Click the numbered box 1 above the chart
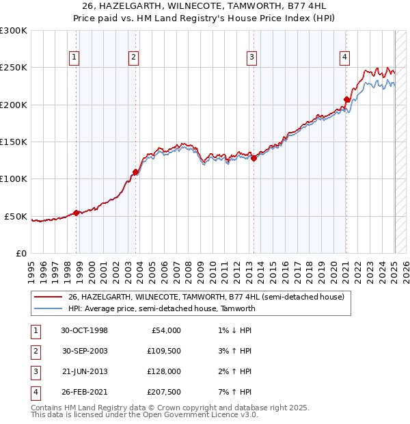pos(73,57)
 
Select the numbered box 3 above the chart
pos(252,57)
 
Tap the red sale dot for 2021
pos(346,100)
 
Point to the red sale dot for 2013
pos(254,158)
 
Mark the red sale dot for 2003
pos(136,172)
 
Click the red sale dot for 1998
pos(77,213)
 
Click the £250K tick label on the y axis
pos(14,68)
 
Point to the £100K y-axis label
pos(14,178)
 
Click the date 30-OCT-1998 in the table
pos(84,330)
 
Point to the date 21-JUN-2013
pos(84,371)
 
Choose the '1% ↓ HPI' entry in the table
pos(232,330)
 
